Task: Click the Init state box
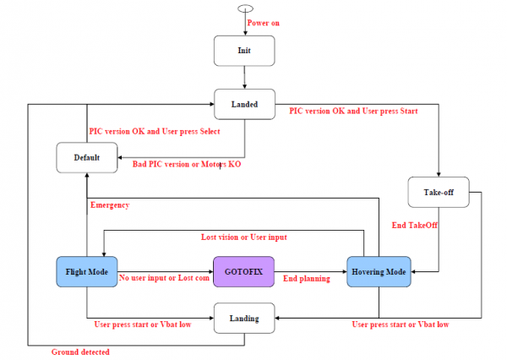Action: (x=244, y=51)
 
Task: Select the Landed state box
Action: (x=244, y=104)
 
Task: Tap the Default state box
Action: (x=87, y=157)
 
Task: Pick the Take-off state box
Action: (x=439, y=192)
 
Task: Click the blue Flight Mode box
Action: (x=87, y=272)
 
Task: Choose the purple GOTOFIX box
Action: (x=244, y=272)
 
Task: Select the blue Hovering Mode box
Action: (x=379, y=272)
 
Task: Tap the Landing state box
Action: (x=244, y=319)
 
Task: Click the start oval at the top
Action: (x=245, y=8)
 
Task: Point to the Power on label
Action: (x=263, y=23)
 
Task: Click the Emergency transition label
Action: (x=110, y=205)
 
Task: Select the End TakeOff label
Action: (x=415, y=225)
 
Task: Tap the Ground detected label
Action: (x=80, y=352)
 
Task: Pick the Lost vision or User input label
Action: (x=244, y=237)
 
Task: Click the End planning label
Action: (x=307, y=279)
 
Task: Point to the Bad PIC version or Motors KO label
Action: (x=187, y=164)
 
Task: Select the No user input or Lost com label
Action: (x=164, y=278)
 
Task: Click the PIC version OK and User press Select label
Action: (x=155, y=131)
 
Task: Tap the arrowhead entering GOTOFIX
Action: (x=211, y=272)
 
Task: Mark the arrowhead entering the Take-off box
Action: (x=439, y=175)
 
